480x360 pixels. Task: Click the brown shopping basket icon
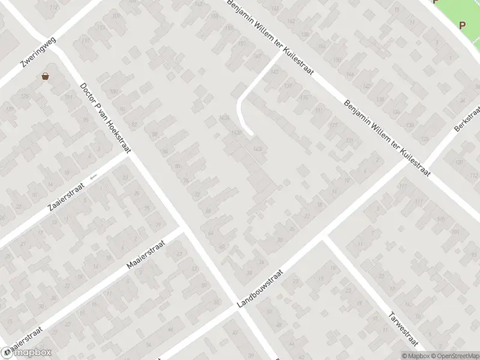click(46, 76)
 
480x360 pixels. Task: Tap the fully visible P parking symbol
click(462, 25)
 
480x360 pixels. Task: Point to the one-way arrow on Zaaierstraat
click(92, 177)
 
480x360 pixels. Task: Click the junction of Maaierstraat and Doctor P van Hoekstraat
click(181, 229)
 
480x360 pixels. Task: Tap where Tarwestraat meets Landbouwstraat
click(325, 238)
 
